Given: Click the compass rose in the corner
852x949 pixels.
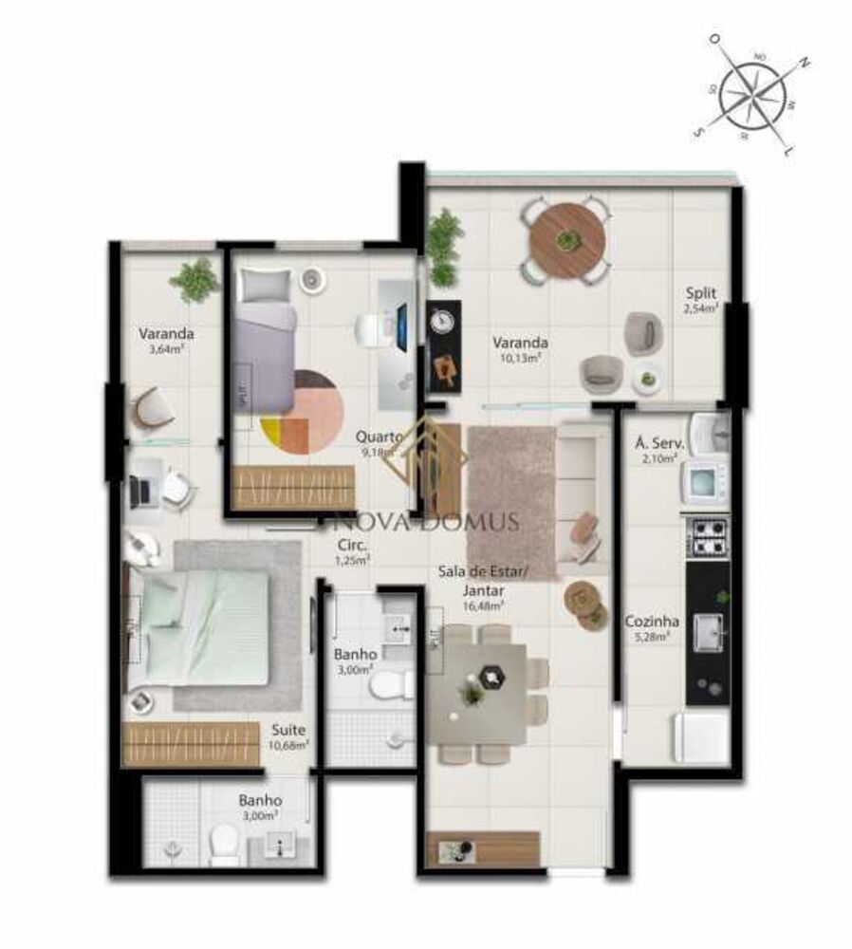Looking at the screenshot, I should tap(757, 95).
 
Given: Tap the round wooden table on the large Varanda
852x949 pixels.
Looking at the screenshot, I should tap(567, 239).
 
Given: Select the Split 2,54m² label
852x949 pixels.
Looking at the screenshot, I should tap(703, 300).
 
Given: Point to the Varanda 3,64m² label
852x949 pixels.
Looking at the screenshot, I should tap(166, 341).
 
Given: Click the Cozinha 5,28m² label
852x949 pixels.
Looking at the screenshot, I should tap(652, 628).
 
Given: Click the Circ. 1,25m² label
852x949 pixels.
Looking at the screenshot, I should tap(354, 552).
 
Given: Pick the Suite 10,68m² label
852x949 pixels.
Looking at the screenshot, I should tap(288, 736).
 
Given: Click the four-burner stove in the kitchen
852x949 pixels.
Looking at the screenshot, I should tap(708, 537).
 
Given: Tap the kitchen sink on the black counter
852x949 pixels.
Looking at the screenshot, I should tap(706, 633).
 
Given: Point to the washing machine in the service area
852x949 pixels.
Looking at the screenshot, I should tap(703, 483).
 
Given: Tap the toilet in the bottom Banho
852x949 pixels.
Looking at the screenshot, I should tap(224, 843).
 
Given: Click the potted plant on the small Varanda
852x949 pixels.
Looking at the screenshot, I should tap(195, 280).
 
